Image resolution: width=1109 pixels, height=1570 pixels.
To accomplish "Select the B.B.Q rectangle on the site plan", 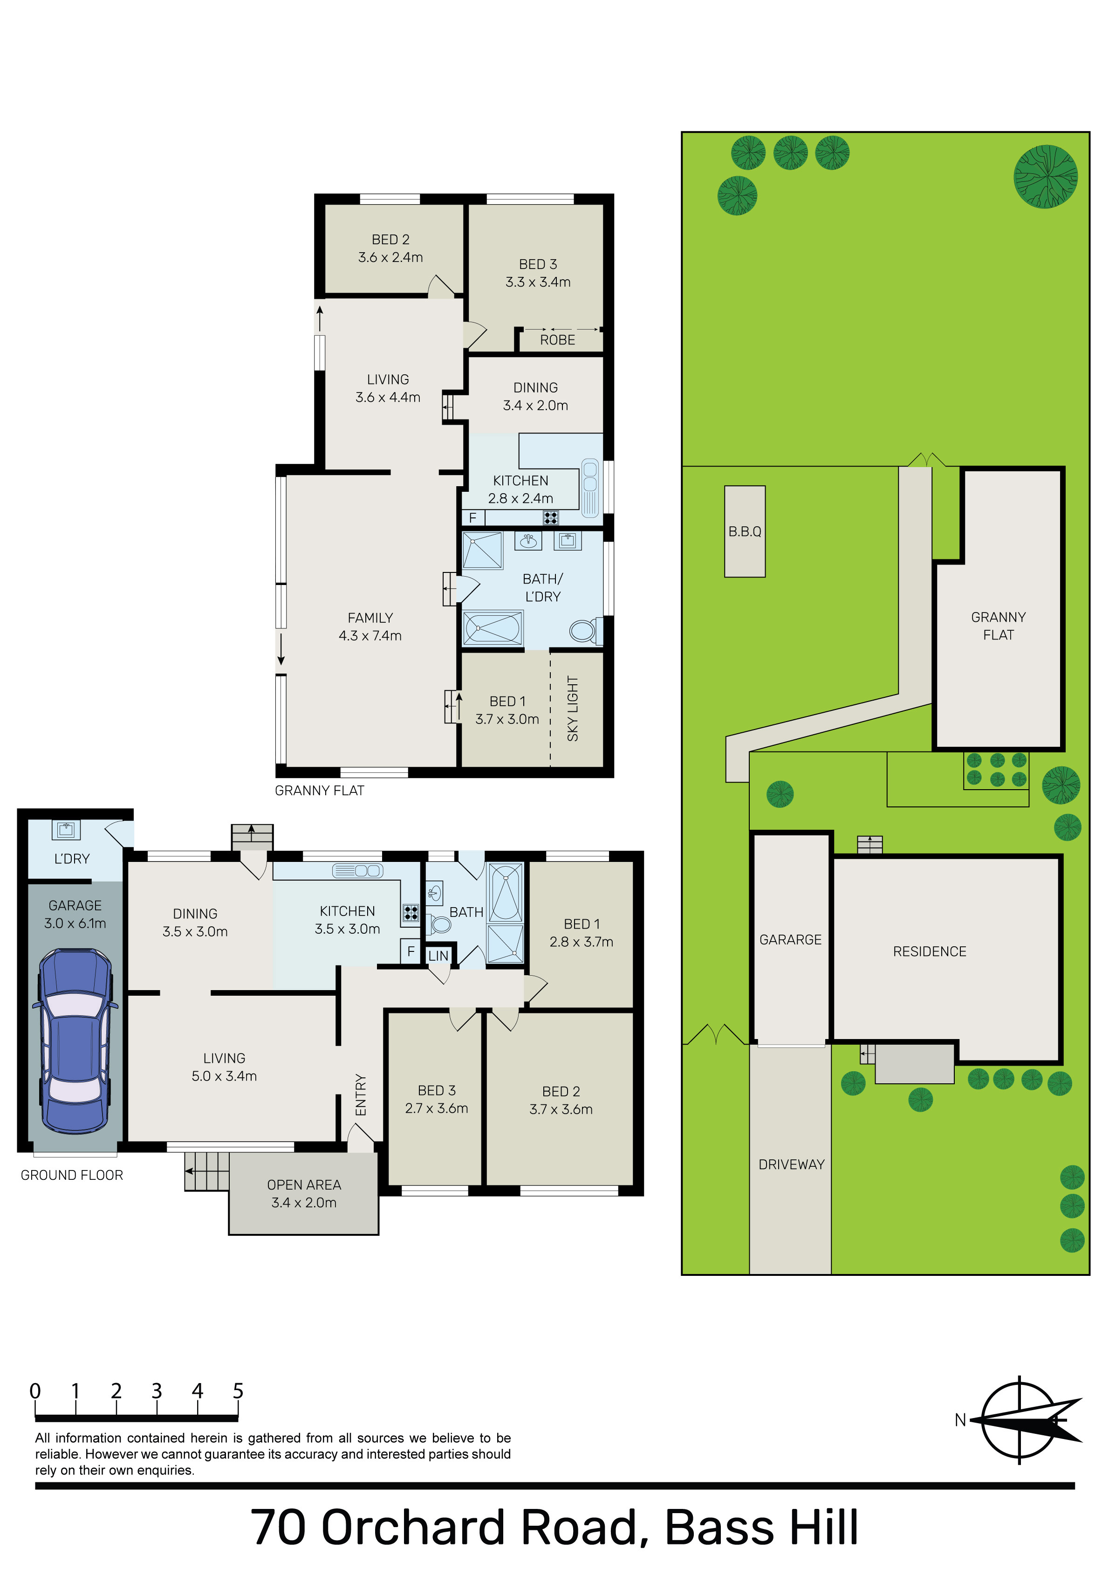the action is click(x=745, y=531).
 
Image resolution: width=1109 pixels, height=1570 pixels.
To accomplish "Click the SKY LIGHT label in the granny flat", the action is click(x=573, y=709).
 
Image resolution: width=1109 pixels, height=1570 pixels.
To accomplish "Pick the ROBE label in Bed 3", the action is click(x=558, y=340).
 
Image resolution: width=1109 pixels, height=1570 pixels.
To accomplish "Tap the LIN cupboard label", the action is click(x=438, y=956).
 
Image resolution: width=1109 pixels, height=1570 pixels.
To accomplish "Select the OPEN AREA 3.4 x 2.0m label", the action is click(x=304, y=1194).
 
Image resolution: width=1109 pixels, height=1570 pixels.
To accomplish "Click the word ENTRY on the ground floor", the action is click(x=361, y=1095).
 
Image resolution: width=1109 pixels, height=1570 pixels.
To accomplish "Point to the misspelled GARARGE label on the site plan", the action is click(x=790, y=940).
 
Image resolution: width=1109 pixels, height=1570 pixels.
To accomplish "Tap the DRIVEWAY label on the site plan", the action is click(x=791, y=1164).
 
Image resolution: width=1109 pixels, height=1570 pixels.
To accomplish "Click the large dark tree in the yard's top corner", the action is click(x=1046, y=176).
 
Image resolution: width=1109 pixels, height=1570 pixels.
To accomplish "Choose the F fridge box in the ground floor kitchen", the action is click(x=411, y=951).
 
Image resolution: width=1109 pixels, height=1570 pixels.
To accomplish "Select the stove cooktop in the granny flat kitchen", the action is click(x=550, y=517).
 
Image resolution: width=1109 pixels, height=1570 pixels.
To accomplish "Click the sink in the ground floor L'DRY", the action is click(x=66, y=829).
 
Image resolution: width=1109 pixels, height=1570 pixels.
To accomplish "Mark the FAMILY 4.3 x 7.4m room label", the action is click(x=370, y=627).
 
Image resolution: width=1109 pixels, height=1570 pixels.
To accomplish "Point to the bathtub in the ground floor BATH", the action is click(x=506, y=892).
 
